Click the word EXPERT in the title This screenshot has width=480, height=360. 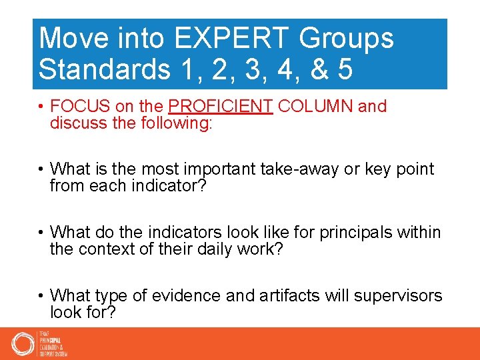pos(225,39)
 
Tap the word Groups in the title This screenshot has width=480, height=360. pos(346,39)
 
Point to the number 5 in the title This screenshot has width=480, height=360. pos(344,69)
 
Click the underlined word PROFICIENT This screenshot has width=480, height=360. pos(221,107)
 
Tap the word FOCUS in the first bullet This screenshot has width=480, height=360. pos(75,107)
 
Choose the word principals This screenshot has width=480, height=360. pos(353,233)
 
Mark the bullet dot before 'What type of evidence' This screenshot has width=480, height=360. pos(41,296)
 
